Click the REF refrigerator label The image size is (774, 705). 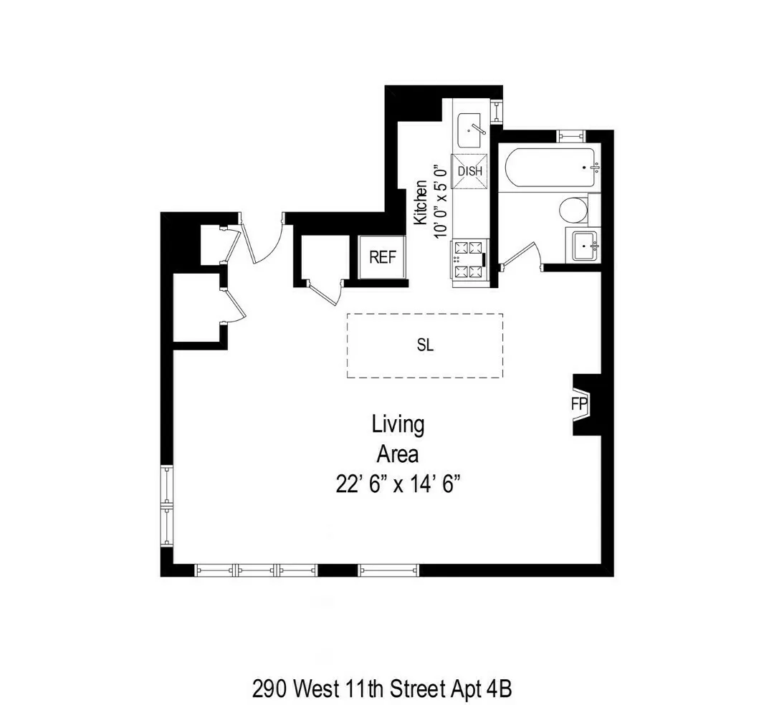383,257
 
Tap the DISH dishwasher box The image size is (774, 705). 469,172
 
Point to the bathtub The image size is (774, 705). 551,167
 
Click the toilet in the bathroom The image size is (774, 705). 573,211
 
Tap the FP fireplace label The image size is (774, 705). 579,405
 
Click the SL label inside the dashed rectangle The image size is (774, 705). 425,345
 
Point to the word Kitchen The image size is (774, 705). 421,203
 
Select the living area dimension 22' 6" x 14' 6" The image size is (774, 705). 397,484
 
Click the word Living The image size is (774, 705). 398,424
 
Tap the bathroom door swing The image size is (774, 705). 522,256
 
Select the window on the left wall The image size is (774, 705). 166,505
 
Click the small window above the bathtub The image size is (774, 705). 571,135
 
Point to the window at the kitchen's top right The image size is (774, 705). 497,112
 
